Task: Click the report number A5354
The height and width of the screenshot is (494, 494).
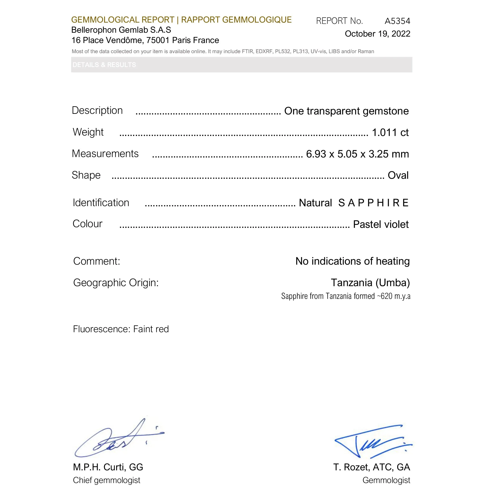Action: (397, 21)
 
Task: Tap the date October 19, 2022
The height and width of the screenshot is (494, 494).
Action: (377, 34)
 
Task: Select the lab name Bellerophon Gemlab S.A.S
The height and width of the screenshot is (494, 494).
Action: (121, 30)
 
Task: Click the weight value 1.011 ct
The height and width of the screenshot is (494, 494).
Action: (390, 133)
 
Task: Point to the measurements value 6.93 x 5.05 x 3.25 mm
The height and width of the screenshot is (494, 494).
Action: (357, 154)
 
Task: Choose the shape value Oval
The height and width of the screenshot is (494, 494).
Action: (398, 175)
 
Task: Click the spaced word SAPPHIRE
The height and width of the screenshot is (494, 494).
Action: (373, 203)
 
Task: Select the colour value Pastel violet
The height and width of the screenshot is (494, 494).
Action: (381, 224)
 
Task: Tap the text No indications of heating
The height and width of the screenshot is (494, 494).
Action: (353, 261)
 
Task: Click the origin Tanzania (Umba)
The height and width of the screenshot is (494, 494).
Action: (370, 283)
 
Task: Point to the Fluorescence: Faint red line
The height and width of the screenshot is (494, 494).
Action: (121, 329)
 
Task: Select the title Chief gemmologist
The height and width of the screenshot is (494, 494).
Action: (107, 480)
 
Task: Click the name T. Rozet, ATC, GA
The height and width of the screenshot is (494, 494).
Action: (372, 467)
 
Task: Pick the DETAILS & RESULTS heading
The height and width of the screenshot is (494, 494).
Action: (104, 65)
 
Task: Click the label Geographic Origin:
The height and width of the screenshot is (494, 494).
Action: (116, 283)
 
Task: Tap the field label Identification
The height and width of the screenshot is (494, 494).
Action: (101, 202)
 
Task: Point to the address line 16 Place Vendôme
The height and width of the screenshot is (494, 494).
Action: (145, 40)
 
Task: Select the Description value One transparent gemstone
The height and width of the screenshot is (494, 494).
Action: (346, 111)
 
